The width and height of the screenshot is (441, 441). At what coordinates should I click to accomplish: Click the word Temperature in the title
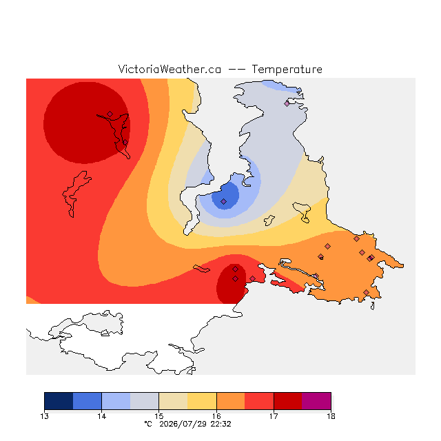coord(287,70)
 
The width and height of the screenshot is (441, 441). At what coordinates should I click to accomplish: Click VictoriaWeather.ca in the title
coord(170,69)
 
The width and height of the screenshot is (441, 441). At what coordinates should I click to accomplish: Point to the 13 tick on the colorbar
coord(44,416)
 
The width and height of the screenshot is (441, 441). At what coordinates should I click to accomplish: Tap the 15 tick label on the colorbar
coord(159,416)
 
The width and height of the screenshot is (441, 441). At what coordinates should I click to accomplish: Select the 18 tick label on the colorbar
coord(331,416)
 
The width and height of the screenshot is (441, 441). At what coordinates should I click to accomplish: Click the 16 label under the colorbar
coord(216,416)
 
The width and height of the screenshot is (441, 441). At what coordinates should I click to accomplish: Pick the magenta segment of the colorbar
coord(316,401)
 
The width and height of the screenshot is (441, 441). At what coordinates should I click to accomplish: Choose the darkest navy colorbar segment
coord(59,401)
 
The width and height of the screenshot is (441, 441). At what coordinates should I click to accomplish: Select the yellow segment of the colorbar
coord(202,401)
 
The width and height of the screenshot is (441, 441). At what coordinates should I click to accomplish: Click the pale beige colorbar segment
coord(173,401)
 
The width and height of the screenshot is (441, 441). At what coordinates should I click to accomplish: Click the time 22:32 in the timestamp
coord(220,424)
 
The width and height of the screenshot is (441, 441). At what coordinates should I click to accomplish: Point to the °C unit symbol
coord(148,424)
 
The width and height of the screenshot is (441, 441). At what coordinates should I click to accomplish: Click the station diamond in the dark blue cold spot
coord(223,201)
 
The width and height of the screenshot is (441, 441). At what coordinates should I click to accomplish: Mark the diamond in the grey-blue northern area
coord(287,103)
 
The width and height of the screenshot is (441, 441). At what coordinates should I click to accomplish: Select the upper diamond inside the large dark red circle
coord(110,114)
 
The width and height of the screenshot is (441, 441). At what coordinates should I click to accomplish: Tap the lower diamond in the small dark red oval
coord(236,278)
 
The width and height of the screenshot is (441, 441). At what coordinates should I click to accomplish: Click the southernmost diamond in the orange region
coord(366,292)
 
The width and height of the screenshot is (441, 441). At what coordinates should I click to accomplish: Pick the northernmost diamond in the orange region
coord(357,239)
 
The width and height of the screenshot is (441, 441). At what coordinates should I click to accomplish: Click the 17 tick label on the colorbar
coord(274,416)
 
